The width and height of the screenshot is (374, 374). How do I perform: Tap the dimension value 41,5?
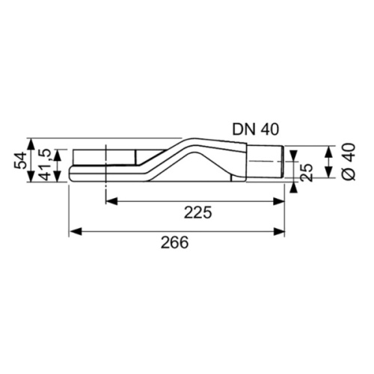click(x=45, y=164)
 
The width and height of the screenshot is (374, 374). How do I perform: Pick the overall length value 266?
click(x=174, y=242)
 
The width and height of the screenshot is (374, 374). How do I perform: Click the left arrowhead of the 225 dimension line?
click(x=110, y=200)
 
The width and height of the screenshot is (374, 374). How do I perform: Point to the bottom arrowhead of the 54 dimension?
click(x=31, y=178)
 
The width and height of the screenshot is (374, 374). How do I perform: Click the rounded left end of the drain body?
click(x=70, y=175)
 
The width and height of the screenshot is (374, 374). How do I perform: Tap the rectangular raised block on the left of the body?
click(x=105, y=157)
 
